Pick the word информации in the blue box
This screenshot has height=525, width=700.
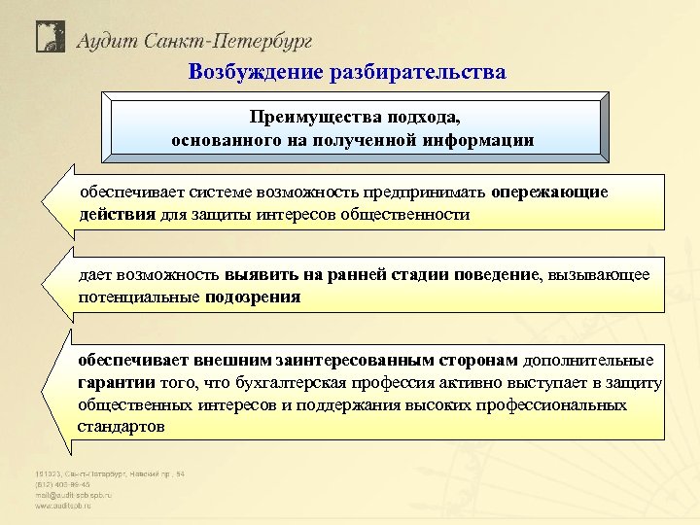click(x=479, y=140)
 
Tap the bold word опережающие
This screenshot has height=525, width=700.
click(x=549, y=192)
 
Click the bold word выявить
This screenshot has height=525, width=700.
click(x=258, y=275)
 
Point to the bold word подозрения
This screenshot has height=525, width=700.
click(x=253, y=297)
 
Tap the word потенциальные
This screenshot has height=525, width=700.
click(x=139, y=297)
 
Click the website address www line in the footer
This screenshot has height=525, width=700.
click(x=67, y=507)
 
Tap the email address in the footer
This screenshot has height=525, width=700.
click(x=74, y=495)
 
